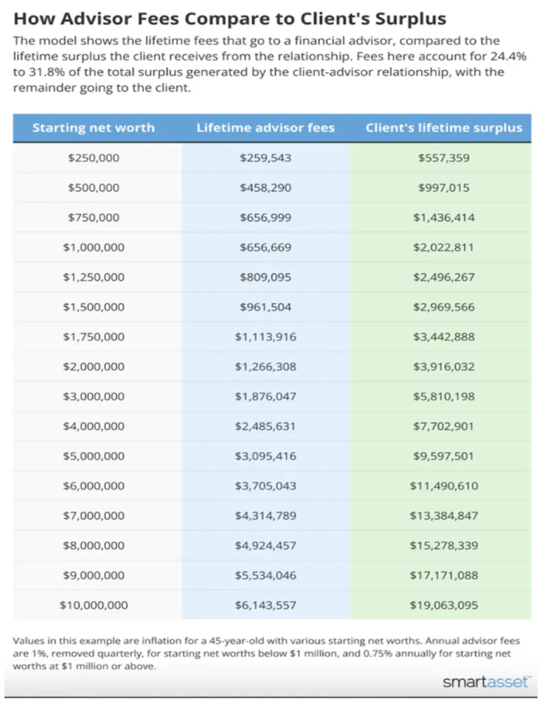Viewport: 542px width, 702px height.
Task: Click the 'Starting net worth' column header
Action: pos(94,128)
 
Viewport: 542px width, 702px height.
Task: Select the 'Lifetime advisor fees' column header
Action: pos(265,128)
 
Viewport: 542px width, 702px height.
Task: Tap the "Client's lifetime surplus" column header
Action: pos(443,128)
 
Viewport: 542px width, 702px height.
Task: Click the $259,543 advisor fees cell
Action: pos(265,158)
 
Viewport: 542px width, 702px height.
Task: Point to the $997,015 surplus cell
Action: pos(443,188)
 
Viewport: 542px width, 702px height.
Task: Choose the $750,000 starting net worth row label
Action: pos(94,217)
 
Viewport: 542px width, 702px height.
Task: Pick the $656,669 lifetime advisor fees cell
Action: pos(265,247)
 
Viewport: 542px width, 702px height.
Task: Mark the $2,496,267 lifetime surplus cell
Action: pos(443,277)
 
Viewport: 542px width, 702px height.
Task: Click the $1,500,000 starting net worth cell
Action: pos(94,307)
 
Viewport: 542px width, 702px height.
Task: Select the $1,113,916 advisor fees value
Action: pos(265,337)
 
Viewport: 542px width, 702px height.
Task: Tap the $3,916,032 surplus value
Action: pos(443,367)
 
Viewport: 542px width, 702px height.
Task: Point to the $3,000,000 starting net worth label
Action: pos(94,396)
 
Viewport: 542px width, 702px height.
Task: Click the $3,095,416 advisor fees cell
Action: pos(265,456)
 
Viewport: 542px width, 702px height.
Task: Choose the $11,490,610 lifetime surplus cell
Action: pos(443,486)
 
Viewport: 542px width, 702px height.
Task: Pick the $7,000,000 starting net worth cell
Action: pos(94,516)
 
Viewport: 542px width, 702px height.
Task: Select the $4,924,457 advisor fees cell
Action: pos(265,546)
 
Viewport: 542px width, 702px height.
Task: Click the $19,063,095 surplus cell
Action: pos(443,605)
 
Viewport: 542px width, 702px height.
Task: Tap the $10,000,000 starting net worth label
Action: pos(94,605)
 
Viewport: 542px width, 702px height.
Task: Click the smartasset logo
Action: pos(486,682)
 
